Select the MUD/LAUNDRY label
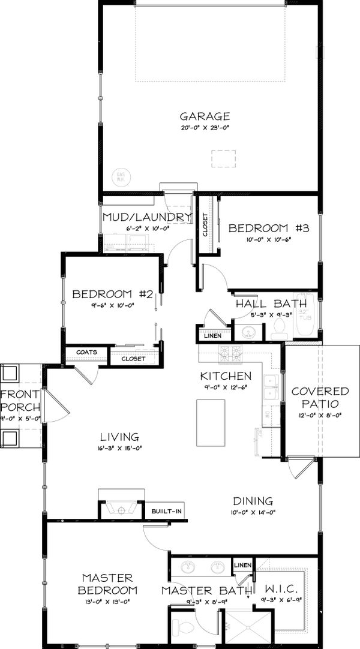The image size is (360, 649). tap(147, 217)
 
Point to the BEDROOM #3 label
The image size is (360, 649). tap(268, 228)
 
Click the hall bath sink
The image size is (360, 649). tap(248, 332)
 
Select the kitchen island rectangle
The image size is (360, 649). tap(211, 423)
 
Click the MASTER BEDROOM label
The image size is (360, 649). tap(107, 584)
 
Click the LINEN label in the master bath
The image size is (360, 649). tap(242, 565)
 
